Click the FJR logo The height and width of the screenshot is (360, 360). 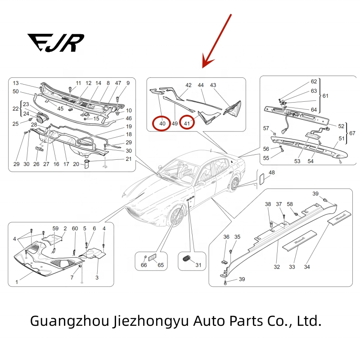tap(55, 43)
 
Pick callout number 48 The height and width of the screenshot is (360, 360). tap(271, 173)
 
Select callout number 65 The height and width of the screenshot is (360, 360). tap(160, 265)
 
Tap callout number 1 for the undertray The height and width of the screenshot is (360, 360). tap(17, 282)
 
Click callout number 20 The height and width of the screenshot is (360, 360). tap(76, 164)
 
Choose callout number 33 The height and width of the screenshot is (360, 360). tap(292, 267)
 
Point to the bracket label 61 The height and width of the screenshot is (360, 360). tap(325, 96)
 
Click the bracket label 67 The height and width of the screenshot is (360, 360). tap(352, 133)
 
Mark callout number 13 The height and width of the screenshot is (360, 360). tap(16, 83)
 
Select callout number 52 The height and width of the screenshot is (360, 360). tap(341, 126)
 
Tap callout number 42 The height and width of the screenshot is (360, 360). tap(189, 85)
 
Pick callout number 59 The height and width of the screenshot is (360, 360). tap(56, 229)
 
